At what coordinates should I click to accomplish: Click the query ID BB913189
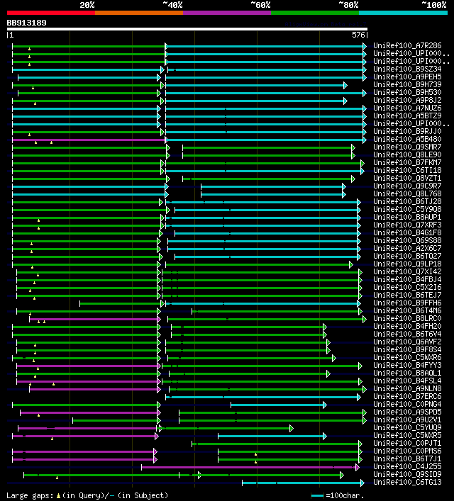[27, 23]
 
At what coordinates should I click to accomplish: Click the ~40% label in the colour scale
[172, 5]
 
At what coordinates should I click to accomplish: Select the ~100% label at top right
[433, 5]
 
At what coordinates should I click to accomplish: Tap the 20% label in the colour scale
[87, 5]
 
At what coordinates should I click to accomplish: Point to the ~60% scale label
[260, 5]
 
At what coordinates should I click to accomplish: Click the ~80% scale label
[348, 5]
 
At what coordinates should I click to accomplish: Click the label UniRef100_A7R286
[407, 46]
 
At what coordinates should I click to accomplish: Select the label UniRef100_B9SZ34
[407, 69]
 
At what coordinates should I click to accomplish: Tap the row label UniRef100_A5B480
[407, 139]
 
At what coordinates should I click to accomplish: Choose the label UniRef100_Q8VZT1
[407, 178]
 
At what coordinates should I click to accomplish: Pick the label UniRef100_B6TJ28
[407, 201]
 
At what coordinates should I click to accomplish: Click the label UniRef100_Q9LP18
[407, 264]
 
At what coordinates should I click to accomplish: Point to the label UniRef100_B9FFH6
[407, 303]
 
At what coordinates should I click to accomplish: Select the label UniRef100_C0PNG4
[407, 404]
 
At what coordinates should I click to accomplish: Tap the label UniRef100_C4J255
[407, 466]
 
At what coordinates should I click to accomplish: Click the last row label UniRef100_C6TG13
[407, 482]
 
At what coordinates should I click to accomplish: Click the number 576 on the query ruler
[358, 35]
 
